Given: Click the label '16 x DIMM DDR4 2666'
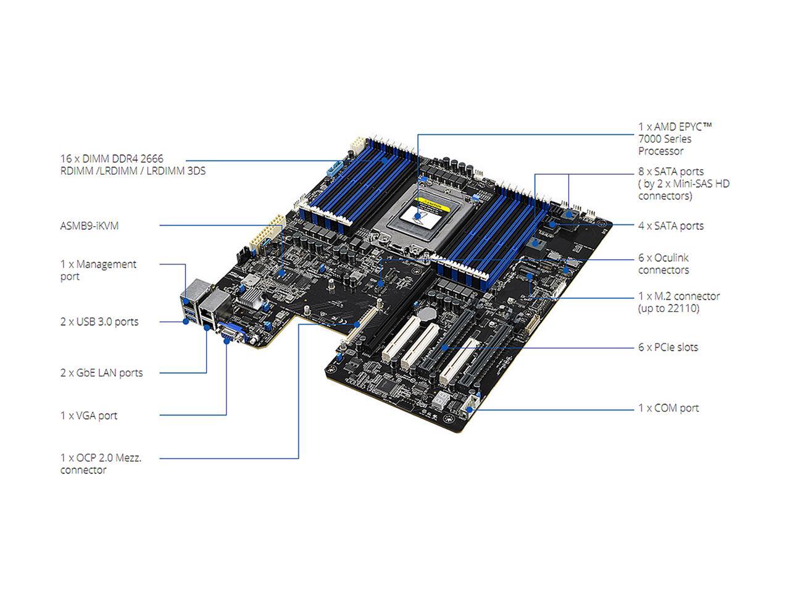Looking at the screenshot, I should [112, 159].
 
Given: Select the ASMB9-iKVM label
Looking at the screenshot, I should [89, 225].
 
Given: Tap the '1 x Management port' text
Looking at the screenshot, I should [98, 270].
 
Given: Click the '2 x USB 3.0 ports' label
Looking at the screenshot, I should [99, 321].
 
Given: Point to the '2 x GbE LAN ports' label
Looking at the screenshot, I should [101, 372].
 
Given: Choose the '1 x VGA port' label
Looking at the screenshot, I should [89, 415].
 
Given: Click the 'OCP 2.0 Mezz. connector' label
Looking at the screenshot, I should [101, 463].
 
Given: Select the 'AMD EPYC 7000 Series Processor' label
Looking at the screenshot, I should [675, 138].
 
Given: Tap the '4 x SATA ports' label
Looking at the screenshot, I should [671, 225].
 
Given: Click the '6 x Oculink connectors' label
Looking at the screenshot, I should [663, 264].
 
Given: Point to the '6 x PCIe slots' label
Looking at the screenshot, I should [668, 347].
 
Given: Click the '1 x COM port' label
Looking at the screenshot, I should [668, 408].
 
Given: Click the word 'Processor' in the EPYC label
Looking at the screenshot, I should [660, 151].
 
